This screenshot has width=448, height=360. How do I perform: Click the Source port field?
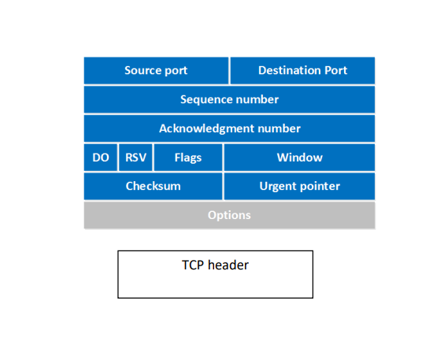coord(156,70)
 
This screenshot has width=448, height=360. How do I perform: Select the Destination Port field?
coord(302,70)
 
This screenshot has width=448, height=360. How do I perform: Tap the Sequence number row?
coord(229,99)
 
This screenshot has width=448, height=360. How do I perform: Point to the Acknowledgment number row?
coord(229,128)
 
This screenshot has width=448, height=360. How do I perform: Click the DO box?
coord(101,158)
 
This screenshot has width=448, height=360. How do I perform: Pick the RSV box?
coord(135,158)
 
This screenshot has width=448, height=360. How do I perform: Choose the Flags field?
coord(188,158)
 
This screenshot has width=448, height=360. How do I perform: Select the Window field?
coord(299,158)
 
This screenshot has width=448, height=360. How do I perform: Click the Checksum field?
coord(154,187)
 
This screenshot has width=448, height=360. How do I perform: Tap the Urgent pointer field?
coord(299,187)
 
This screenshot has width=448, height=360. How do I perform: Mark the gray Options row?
coord(229,215)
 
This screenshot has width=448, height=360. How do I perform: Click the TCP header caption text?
coord(215,265)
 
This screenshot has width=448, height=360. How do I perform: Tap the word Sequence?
coord(205,99)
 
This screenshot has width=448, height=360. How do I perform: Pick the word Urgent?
coord(277,187)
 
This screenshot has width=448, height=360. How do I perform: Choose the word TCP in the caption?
coord(194,265)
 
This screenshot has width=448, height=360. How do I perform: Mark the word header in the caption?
coord(228,265)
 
